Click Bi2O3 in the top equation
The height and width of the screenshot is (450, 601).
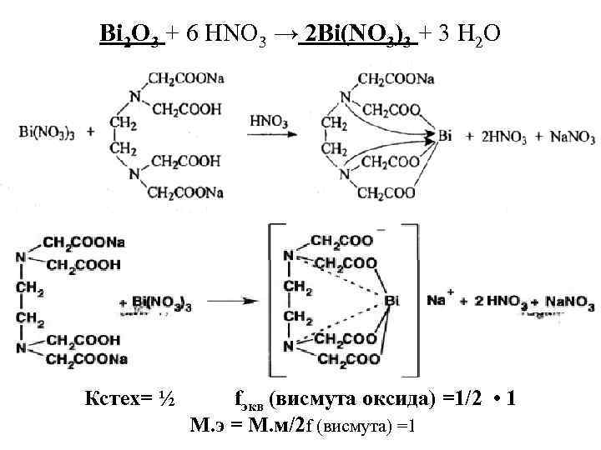tap(138, 37)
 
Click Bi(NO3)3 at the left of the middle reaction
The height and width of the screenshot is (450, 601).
tap(46, 132)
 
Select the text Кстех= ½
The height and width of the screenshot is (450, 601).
tap(129, 399)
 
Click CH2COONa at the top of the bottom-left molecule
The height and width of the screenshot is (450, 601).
tap(83, 242)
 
